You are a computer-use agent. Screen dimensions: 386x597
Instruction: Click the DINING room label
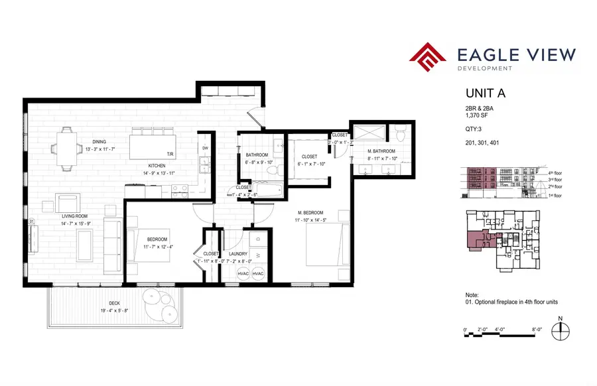coord(99,141)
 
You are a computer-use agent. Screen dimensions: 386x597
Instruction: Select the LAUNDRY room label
coord(237,253)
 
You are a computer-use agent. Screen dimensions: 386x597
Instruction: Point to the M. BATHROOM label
coord(381,151)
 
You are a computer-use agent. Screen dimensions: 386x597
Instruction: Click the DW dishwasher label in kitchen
coord(205,148)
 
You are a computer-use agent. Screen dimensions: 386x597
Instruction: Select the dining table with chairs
coord(67,149)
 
